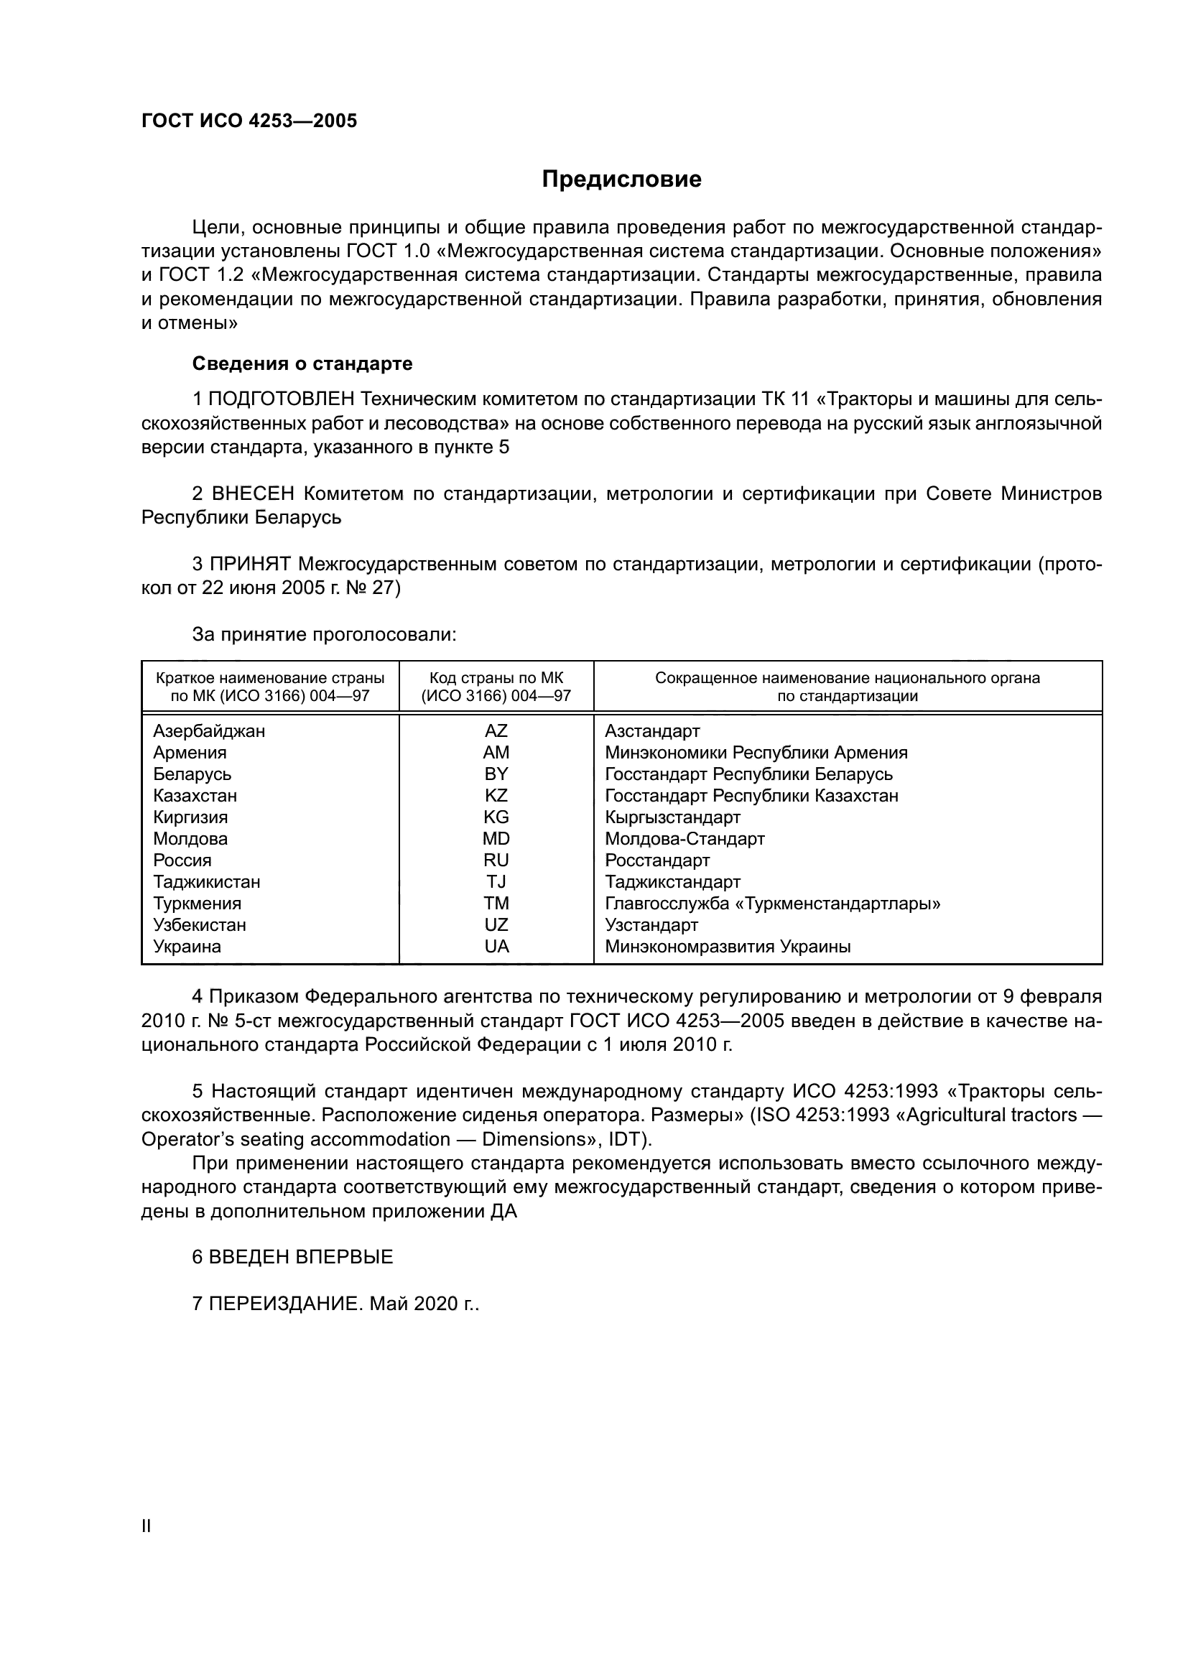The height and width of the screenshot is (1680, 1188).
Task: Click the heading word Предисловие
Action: pyautogui.click(x=621, y=180)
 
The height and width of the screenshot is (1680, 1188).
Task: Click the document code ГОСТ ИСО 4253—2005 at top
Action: pyautogui.click(x=249, y=121)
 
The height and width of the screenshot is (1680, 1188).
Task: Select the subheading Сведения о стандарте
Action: pyautogui.click(x=302, y=363)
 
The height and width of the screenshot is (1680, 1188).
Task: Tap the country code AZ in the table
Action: pyautogui.click(x=496, y=731)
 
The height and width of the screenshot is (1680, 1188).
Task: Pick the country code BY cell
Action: pyautogui.click(x=496, y=774)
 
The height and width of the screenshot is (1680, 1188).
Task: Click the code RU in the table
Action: pyautogui.click(x=496, y=860)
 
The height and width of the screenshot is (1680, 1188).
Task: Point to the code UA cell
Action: pyautogui.click(x=496, y=947)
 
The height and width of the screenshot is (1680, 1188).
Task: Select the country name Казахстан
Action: pyautogui.click(x=195, y=795)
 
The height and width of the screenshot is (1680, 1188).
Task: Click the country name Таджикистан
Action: pyautogui.click(x=206, y=882)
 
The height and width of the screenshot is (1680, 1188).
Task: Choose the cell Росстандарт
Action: pyautogui.click(x=657, y=860)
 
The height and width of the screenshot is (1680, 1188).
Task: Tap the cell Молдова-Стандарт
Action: pyautogui.click(x=685, y=838)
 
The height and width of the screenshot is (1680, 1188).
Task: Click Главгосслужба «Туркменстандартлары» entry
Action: pyautogui.click(x=773, y=904)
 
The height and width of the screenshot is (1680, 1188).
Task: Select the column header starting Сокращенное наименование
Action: pyautogui.click(x=847, y=687)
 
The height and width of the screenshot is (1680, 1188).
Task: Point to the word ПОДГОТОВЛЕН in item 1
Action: pyautogui.click(x=282, y=399)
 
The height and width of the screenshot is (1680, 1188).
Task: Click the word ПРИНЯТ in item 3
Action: pyautogui.click(x=250, y=564)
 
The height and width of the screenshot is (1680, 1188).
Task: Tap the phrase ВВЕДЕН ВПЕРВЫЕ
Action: pyautogui.click(x=301, y=1257)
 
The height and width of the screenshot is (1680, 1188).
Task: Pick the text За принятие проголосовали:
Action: pyautogui.click(x=324, y=634)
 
